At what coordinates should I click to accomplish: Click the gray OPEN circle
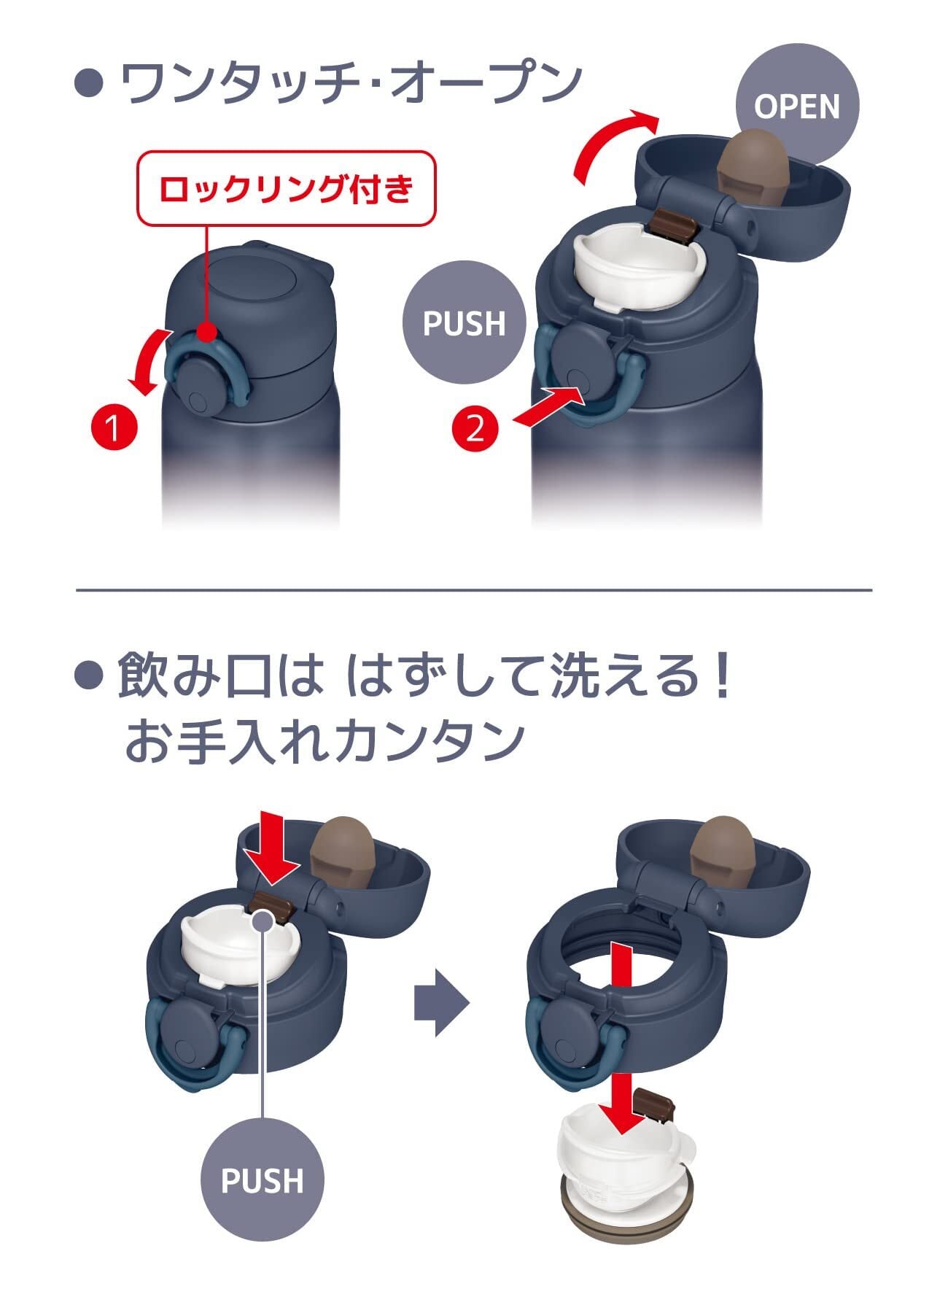(797, 106)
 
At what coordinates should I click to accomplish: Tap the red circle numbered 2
(475, 427)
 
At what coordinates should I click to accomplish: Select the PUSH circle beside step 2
(465, 323)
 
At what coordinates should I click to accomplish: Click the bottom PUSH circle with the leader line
(262, 1180)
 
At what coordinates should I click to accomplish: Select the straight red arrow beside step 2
(549, 406)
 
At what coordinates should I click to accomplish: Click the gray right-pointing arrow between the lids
(440, 1002)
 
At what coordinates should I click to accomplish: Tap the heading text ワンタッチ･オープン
(350, 82)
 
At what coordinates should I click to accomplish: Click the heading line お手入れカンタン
(325, 743)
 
